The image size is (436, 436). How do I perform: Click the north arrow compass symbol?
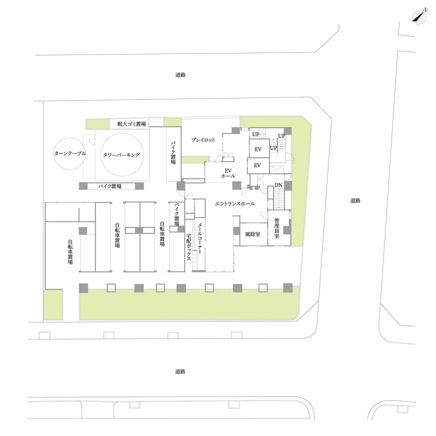[x=419, y=16]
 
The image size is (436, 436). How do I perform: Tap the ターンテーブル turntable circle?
[x=53, y=154]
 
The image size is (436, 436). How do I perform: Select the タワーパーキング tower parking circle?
[x=101, y=155]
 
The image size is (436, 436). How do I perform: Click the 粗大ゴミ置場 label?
[x=131, y=124]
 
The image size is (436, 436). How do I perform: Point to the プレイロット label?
[x=203, y=140]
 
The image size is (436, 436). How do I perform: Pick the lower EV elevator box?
[x=258, y=165]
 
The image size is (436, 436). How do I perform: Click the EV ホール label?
[x=228, y=173]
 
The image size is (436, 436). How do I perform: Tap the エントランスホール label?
[x=235, y=204]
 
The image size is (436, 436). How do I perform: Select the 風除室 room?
[x=253, y=234]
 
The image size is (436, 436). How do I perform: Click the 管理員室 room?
[x=279, y=228]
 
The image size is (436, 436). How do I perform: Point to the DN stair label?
[x=278, y=185]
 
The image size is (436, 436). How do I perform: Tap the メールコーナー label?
[x=199, y=238]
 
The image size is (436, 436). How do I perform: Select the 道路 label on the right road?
[x=355, y=200]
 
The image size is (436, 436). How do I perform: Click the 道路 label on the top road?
[x=180, y=75]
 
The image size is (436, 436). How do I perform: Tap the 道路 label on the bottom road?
[x=180, y=371]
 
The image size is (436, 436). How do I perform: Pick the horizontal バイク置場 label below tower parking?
[x=110, y=186]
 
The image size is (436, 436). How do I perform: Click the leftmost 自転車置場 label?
[x=70, y=252]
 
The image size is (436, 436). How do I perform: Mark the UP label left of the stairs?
[x=255, y=134]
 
